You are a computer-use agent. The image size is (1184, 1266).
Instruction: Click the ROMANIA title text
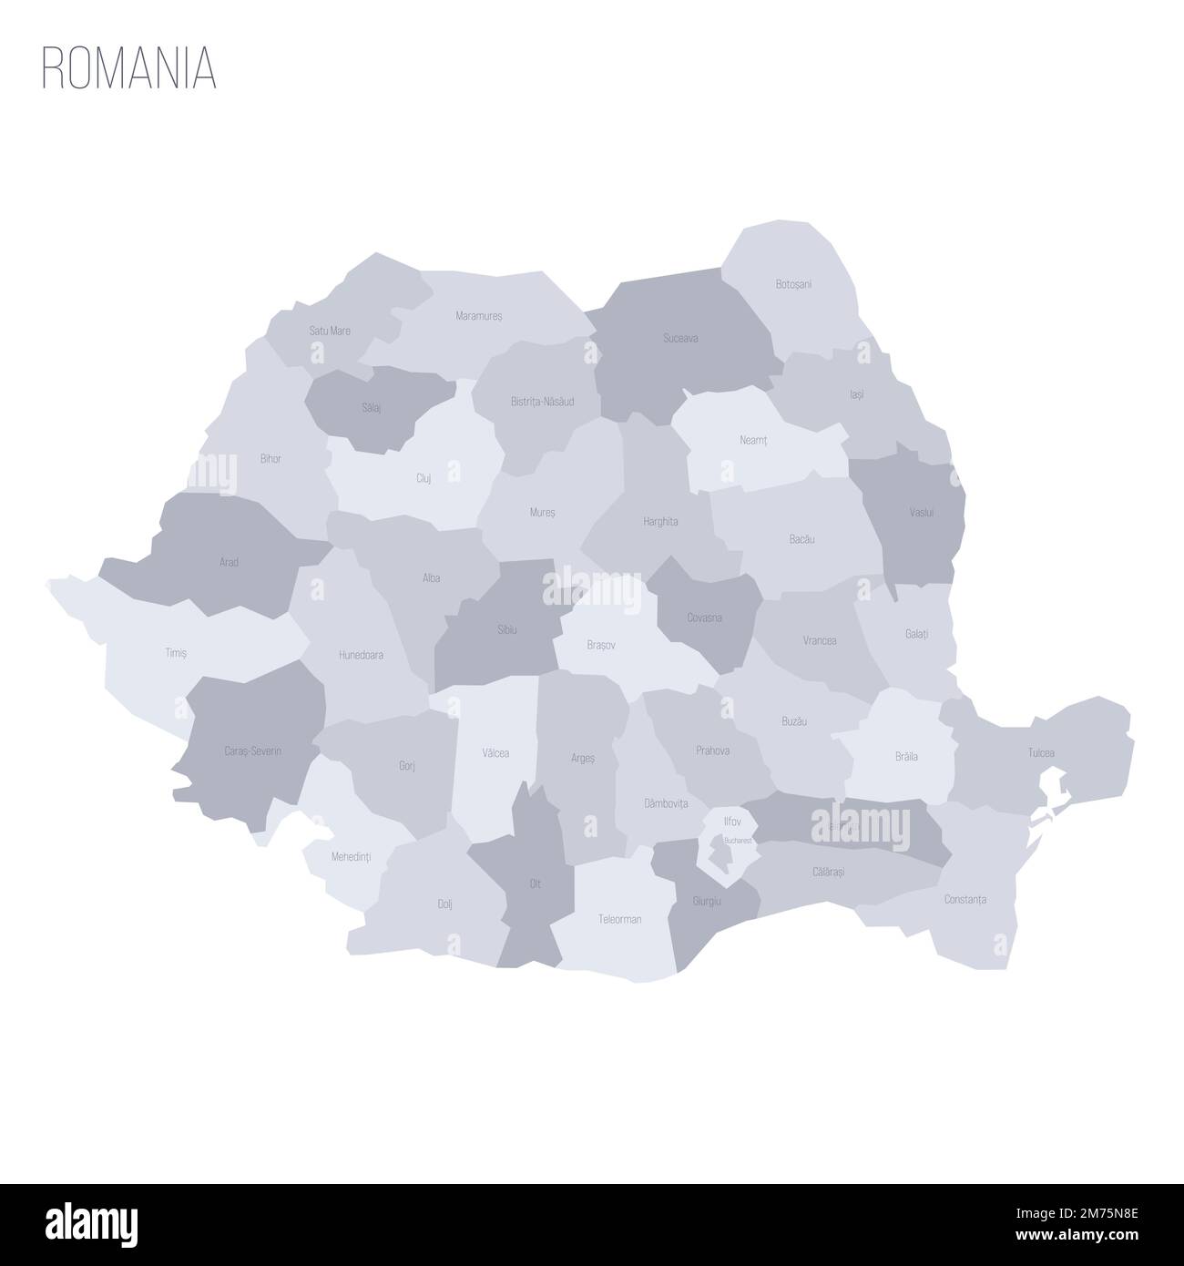(x=128, y=67)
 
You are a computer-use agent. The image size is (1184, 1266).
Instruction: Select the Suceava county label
(x=680, y=338)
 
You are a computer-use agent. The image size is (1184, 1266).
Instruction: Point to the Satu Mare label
(x=330, y=331)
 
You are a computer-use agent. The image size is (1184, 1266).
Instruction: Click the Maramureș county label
(x=478, y=315)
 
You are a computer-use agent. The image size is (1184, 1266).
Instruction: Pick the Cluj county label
(x=424, y=477)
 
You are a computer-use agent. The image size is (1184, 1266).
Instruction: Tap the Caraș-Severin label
(x=252, y=751)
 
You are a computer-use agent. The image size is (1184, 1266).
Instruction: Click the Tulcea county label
(x=1041, y=753)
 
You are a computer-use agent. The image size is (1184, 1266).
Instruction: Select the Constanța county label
(x=965, y=899)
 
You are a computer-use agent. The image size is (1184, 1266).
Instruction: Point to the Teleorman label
(x=619, y=919)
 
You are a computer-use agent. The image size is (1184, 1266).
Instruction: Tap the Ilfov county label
(x=732, y=821)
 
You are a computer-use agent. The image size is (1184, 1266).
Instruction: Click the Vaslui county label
(x=921, y=513)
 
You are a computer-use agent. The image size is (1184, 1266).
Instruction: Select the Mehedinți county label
(x=351, y=856)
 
